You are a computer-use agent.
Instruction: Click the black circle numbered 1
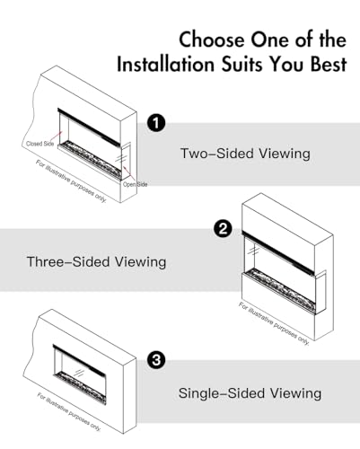pyautogui.click(x=156, y=123)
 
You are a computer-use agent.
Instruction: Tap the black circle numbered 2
pyautogui.click(x=223, y=229)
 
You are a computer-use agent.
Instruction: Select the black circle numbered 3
pyautogui.click(x=156, y=360)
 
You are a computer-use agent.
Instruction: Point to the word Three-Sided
pyautogui.click(x=68, y=261)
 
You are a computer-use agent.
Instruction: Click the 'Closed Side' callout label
pyautogui.click(x=40, y=144)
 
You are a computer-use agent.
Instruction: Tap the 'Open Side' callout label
pyautogui.click(x=136, y=184)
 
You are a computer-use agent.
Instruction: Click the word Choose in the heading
pyautogui.click(x=212, y=40)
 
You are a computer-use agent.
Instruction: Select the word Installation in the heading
pyautogui.click(x=165, y=64)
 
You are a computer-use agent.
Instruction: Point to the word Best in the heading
pyautogui.click(x=329, y=64)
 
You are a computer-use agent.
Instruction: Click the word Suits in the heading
pyautogui.click(x=243, y=64)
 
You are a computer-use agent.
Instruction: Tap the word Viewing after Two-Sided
pyautogui.click(x=285, y=154)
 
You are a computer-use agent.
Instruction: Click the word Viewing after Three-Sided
pyautogui.click(x=141, y=262)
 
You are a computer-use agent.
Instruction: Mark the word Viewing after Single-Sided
pyautogui.click(x=295, y=393)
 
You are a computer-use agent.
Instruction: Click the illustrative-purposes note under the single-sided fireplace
pyautogui.click(x=69, y=412)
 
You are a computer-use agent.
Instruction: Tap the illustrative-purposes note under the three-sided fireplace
pyautogui.click(x=274, y=323)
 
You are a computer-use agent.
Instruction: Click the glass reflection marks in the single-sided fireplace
pyautogui.click(x=78, y=373)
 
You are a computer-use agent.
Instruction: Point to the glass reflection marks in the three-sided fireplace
pyautogui.click(x=254, y=251)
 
